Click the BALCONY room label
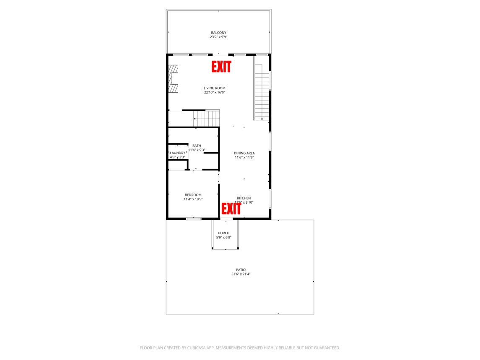click(x=218, y=33)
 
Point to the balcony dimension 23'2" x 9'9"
click(x=218, y=37)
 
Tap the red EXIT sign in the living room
click(x=221, y=67)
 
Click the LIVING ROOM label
click(x=215, y=88)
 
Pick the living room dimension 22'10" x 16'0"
click(x=215, y=92)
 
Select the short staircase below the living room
click(x=207, y=118)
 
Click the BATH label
click(x=197, y=145)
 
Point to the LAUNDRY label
click(x=177, y=153)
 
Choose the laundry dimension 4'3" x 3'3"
click(x=177, y=157)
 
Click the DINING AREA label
click(x=244, y=153)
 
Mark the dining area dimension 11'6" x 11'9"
click(x=244, y=158)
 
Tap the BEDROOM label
click(x=193, y=195)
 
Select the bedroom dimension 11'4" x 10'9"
click(x=193, y=199)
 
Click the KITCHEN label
click(x=244, y=198)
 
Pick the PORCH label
click(x=224, y=233)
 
